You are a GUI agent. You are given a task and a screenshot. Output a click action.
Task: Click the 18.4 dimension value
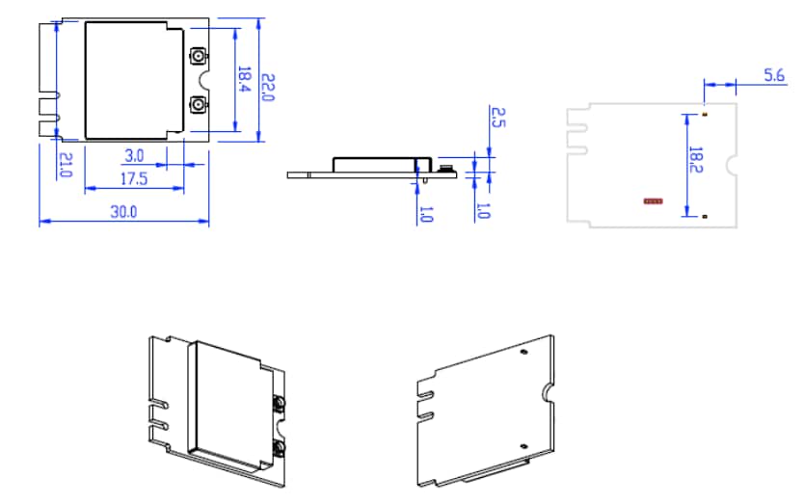[245, 79]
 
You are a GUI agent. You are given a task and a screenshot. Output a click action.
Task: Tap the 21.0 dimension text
[66, 166]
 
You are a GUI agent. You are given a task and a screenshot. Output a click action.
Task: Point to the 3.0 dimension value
[135, 155]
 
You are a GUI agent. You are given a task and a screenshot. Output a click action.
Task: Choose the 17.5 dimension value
[134, 179]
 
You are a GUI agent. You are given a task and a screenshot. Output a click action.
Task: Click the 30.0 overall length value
[122, 212]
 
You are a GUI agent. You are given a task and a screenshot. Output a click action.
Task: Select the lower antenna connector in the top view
[198, 103]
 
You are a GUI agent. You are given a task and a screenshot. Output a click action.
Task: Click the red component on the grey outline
[654, 201]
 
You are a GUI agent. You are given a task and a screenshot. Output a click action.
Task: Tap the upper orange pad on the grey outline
[705, 115]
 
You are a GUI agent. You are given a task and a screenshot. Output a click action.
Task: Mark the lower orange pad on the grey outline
[705, 217]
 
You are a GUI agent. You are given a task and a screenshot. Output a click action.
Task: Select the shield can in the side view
[381, 164]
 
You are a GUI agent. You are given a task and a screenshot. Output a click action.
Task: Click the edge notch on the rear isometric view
[548, 390]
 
